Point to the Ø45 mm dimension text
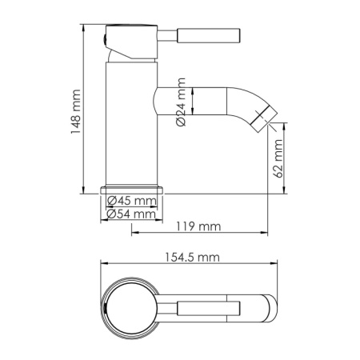(x=132, y=200)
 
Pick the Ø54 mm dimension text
(x=132, y=214)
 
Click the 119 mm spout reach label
(x=197, y=226)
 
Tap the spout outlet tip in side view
(x=262, y=117)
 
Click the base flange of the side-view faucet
(x=132, y=189)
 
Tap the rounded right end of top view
(x=270, y=306)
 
